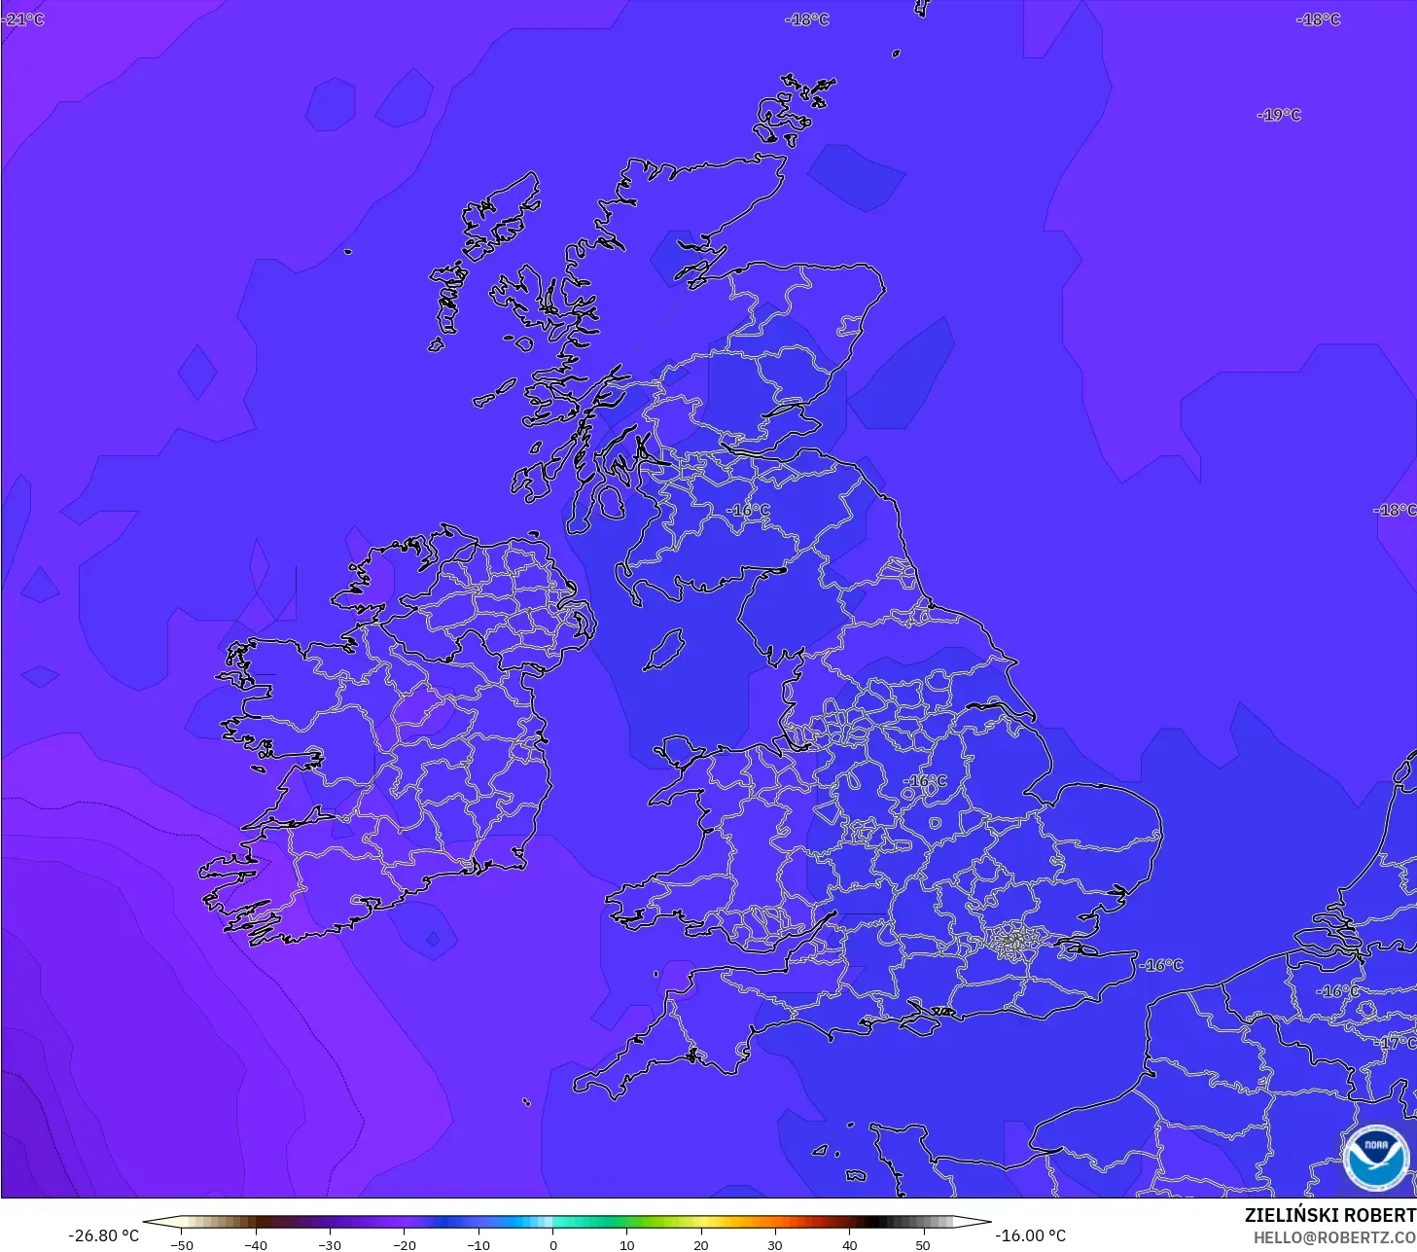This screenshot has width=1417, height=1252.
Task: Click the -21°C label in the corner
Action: click(23, 19)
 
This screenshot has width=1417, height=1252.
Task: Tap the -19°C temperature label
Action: click(1279, 115)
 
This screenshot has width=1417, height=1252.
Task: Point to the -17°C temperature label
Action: click(1397, 1043)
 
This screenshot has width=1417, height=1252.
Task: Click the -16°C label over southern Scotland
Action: click(748, 510)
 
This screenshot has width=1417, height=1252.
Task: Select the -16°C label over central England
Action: click(925, 781)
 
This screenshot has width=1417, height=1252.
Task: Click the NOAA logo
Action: click(1375, 1158)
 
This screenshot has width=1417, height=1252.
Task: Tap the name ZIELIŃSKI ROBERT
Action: click(1329, 1215)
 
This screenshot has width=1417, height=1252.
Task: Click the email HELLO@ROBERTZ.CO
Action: click(1333, 1237)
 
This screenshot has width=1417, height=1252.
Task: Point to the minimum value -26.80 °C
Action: click(104, 1235)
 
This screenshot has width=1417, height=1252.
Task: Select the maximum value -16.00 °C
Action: click(1031, 1235)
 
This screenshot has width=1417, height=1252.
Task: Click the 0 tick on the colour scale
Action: click(552, 1244)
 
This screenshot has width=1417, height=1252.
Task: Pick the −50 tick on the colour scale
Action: click(182, 1244)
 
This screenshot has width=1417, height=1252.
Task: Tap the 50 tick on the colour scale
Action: click(922, 1244)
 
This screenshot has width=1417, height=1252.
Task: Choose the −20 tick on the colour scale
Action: click(404, 1244)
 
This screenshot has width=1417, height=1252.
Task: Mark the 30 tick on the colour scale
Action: click(774, 1244)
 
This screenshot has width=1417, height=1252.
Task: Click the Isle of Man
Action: click(665, 649)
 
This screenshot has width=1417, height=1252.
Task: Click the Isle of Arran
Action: click(610, 502)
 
